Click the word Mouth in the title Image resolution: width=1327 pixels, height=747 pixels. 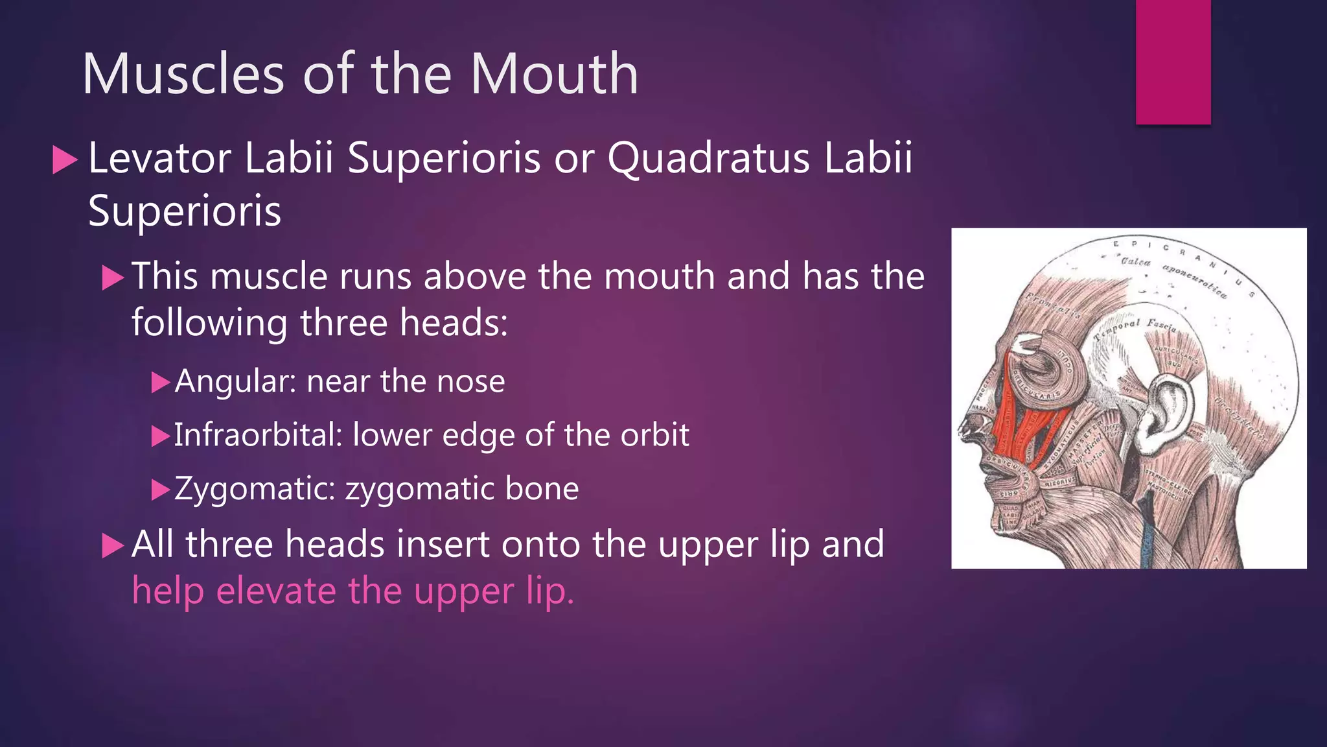(x=555, y=74)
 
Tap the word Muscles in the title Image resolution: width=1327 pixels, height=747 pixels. (x=183, y=74)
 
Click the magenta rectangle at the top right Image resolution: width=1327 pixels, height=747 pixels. (x=1173, y=62)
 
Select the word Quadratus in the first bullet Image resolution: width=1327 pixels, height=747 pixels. (x=708, y=158)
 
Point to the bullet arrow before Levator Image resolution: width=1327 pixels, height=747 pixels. (x=64, y=160)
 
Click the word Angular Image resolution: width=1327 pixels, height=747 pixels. (x=235, y=381)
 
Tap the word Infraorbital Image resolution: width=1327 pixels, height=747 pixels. (x=257, y=435)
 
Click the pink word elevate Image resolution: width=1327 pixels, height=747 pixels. (x=276, y=591)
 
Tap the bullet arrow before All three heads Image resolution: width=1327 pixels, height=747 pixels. (x=113, y=546)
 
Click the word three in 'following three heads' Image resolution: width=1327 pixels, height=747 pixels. (x=343, y=323)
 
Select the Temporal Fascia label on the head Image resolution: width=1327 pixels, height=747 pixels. (x=1134, y=328)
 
